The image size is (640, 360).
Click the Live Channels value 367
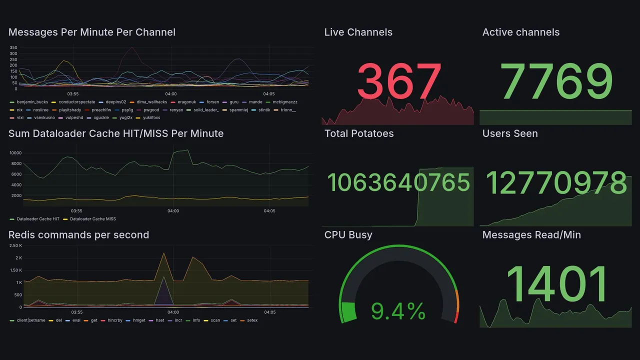[399, 81]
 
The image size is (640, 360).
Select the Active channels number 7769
[557, 81]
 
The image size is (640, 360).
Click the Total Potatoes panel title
[358, 133]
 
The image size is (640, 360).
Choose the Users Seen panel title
[510, 133]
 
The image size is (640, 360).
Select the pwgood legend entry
[151, 110]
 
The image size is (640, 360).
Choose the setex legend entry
[252, 320]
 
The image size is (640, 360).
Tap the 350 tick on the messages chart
[13, 47]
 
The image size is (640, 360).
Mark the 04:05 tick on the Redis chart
[269, 312]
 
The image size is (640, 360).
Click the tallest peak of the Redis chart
[163, 253]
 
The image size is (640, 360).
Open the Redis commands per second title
[79, 234]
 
